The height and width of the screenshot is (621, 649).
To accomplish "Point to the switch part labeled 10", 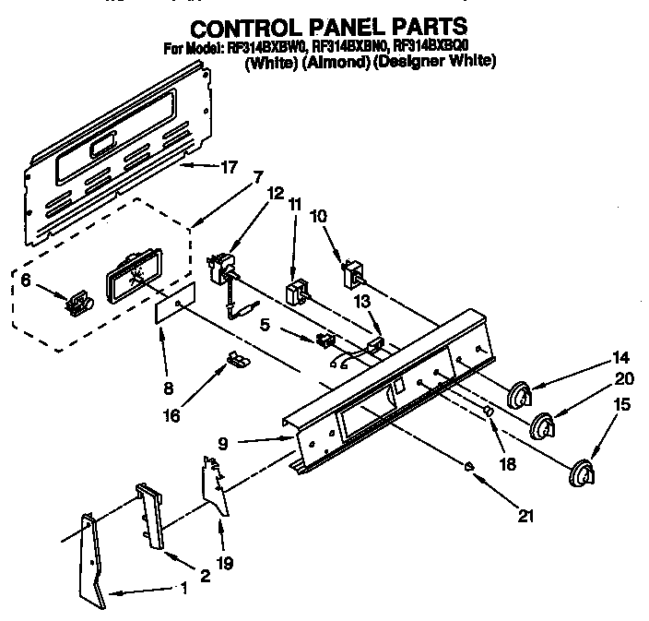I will point(351,275).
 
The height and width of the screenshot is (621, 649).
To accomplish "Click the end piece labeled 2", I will point(148,517).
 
